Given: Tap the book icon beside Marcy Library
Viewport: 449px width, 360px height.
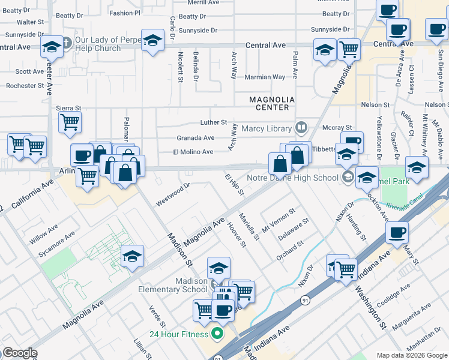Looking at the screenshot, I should coord(301,128).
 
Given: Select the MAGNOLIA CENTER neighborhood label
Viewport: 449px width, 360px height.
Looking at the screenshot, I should coord(273,103).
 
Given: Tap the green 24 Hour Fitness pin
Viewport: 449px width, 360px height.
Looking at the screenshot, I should coord(217,334).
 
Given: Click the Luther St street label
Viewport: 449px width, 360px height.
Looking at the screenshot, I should coord(213,122).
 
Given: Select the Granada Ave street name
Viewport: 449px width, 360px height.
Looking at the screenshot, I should coord(195,138).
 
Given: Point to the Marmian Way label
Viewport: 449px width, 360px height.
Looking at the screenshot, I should coord(265,77).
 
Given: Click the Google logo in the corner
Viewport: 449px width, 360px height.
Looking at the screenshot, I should coord(19,353).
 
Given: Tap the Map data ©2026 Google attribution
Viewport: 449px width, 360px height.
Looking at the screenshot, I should coord(411,355).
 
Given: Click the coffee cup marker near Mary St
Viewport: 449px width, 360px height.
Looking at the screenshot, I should coord(396,233).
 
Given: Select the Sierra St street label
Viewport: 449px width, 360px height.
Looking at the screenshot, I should coord(68,108).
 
